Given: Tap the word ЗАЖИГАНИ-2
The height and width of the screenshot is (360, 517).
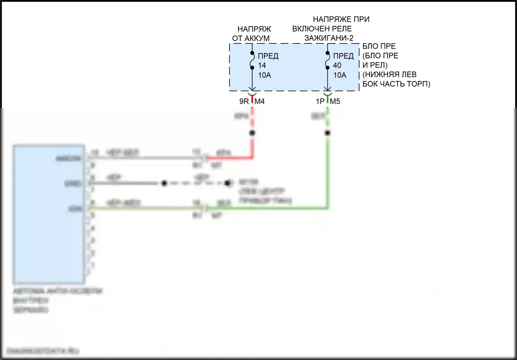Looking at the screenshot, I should coord(328,38).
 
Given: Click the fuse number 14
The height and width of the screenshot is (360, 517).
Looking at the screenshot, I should coord(262,65).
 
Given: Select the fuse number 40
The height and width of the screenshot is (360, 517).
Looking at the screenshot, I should coord(337,65).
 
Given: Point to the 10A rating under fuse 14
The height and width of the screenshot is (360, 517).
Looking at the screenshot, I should coord(264,75).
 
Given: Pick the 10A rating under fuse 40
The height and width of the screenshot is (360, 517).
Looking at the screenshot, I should coord(339,75).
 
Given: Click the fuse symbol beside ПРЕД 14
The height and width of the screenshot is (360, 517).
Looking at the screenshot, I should coord(252,60).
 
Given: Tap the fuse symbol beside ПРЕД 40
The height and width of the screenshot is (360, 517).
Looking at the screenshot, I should coord(328,60).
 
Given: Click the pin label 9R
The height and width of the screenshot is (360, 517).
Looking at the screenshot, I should coord(244,101).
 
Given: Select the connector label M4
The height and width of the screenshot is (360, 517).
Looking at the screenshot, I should coord(260,101).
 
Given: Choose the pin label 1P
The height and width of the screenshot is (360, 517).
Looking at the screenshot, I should coord(320,101).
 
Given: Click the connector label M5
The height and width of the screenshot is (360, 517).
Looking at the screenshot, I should coord(335,101).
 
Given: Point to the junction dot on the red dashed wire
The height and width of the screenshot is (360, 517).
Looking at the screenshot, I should coord(252,133).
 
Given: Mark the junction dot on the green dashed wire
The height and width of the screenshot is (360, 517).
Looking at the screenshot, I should coord(328,133).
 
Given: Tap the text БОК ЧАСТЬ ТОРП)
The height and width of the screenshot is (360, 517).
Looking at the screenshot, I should coord(396,84).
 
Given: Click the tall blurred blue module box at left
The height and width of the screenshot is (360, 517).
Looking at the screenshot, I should coord(49,214).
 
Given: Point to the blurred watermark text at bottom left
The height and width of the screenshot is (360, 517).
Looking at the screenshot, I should coord(43,351).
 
